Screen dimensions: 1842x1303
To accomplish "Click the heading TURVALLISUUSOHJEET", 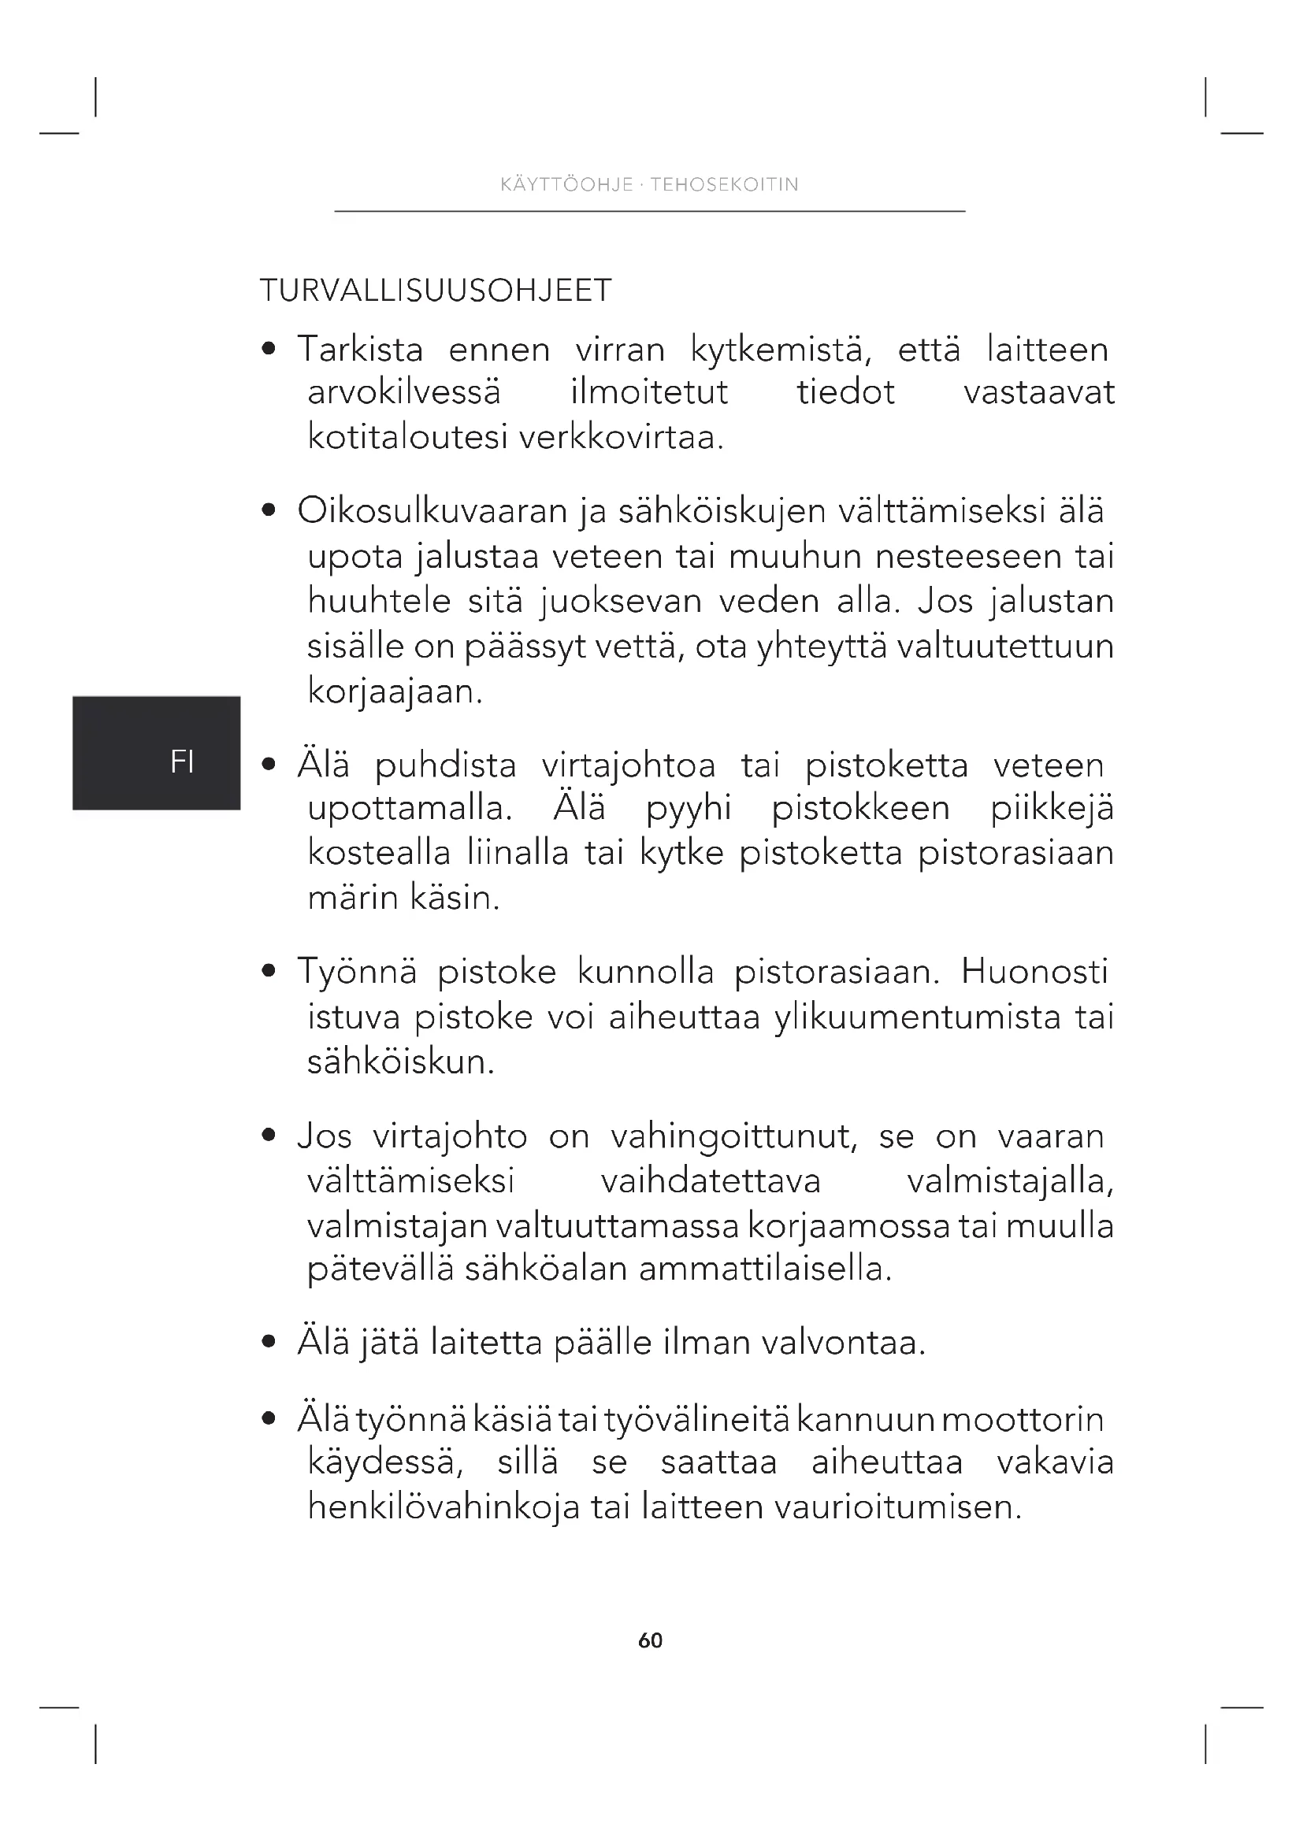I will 436,291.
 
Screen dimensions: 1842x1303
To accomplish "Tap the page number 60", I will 650,1640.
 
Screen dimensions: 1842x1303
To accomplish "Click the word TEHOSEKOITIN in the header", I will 724,184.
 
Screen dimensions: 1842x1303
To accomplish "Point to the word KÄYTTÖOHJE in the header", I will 566,184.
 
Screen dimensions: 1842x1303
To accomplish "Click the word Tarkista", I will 360,350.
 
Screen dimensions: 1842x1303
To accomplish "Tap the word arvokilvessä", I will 403,392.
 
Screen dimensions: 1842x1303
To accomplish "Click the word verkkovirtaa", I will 621,438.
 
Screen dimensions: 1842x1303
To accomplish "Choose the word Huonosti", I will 1034,972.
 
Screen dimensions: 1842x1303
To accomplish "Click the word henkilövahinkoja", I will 444,1507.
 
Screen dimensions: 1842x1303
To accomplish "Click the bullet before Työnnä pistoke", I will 269,972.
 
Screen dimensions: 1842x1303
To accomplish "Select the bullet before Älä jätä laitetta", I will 269,1342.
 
